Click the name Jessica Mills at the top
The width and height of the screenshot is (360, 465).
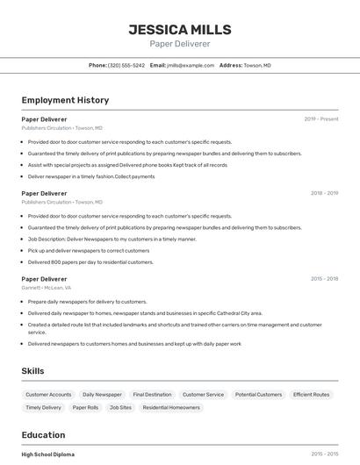click(x=179, y=29)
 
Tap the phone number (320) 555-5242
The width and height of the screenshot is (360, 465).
click(x=126, y=65)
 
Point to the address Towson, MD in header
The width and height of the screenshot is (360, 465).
click(x=257, y=65)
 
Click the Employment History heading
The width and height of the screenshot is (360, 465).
click(x=65, y=100)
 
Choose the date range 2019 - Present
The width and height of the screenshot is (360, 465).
click(x=321, y=118)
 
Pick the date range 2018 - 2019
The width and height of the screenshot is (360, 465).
click(x=324, y=192)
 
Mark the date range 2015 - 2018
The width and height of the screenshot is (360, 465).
click(x=324, y=278)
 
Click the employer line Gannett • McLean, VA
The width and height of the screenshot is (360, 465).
click(x=47, y=288)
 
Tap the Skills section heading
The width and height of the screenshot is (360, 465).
click(x=32, y=370)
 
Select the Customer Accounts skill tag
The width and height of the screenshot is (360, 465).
click(x=48, y=395)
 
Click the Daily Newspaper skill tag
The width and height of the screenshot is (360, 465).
click(x=102, y=395)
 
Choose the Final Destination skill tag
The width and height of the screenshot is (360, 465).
click(x=152, y=395)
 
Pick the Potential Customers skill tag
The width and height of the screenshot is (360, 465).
click(x=258, y=395)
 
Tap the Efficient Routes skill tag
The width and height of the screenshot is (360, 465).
click(x=311, y=395)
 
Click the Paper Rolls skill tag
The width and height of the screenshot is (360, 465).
click(x=85, y=407)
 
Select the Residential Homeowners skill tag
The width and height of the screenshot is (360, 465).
click(x=171, y=407)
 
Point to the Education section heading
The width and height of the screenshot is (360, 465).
click(x=43, y=434)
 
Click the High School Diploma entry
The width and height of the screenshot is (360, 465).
click(x=47, y=454)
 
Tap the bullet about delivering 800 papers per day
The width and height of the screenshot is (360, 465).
click(x=90, y=261)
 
